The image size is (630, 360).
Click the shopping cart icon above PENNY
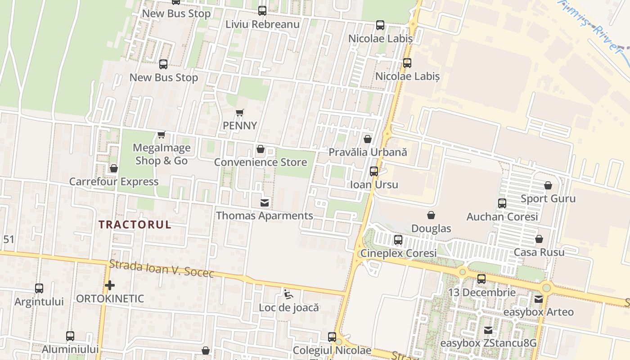240,112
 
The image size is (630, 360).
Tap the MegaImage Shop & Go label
162,154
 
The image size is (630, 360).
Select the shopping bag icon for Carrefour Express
114,168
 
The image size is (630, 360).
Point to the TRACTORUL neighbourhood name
135,225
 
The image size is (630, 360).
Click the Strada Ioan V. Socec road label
162,268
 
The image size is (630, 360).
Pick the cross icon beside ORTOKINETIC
109,285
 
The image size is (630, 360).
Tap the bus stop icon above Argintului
39,288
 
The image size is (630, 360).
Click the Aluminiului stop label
70,349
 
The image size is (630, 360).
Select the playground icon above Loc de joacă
288,295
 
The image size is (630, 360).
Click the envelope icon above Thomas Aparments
265,203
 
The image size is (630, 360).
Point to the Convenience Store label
261,162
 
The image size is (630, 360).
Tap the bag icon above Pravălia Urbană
368,139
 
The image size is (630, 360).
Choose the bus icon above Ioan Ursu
374,171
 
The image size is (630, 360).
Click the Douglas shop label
431,229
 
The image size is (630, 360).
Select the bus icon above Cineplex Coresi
398,240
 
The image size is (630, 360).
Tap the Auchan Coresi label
502,217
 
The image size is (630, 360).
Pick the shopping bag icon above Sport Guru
548,185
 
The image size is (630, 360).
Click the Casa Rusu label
539,252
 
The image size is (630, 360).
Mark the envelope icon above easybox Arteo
539,299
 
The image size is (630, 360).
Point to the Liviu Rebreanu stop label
262,24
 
